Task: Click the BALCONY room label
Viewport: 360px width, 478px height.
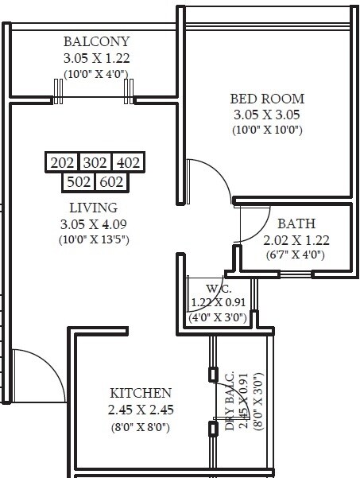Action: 97,41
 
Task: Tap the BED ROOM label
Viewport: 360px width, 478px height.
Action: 268,99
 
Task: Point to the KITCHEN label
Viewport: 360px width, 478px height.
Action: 141,394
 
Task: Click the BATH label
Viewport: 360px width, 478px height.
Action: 296,223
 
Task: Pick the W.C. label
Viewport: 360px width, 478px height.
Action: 219,288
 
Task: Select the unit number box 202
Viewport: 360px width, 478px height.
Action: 62,163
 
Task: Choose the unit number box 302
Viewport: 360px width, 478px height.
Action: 95,163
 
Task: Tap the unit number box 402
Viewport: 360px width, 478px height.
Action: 128,163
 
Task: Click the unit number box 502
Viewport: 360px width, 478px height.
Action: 79,182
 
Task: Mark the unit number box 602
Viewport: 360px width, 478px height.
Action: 111,182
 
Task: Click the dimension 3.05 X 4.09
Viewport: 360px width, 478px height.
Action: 94,223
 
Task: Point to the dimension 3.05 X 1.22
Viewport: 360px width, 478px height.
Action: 97,58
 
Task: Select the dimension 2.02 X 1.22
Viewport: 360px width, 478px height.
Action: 296,239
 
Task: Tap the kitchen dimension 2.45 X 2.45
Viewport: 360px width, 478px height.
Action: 141,410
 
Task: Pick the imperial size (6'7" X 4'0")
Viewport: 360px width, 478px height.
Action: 296,255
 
